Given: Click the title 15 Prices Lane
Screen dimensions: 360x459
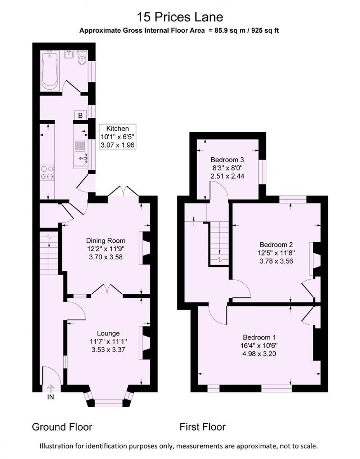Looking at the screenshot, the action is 180,17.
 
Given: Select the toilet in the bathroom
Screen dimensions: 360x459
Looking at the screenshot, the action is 81,58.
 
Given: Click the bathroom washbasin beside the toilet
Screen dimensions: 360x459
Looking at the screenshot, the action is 69,54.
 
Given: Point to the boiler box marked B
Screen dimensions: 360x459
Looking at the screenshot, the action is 80,115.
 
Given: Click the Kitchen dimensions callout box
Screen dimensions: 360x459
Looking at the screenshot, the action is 117,137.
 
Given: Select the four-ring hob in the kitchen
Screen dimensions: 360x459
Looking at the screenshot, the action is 47,172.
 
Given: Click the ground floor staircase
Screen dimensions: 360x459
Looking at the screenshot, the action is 49,253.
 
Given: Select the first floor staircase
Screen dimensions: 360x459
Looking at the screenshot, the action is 219,243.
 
